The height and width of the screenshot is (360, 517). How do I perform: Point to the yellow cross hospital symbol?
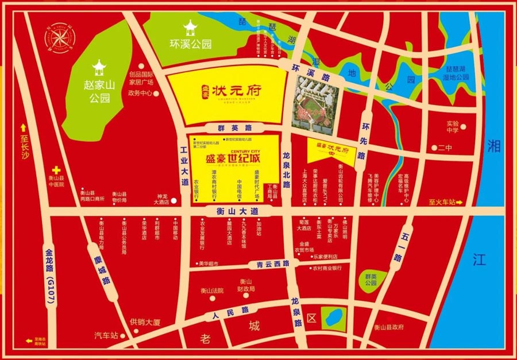56,170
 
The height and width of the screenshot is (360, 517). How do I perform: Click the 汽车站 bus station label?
106,334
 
